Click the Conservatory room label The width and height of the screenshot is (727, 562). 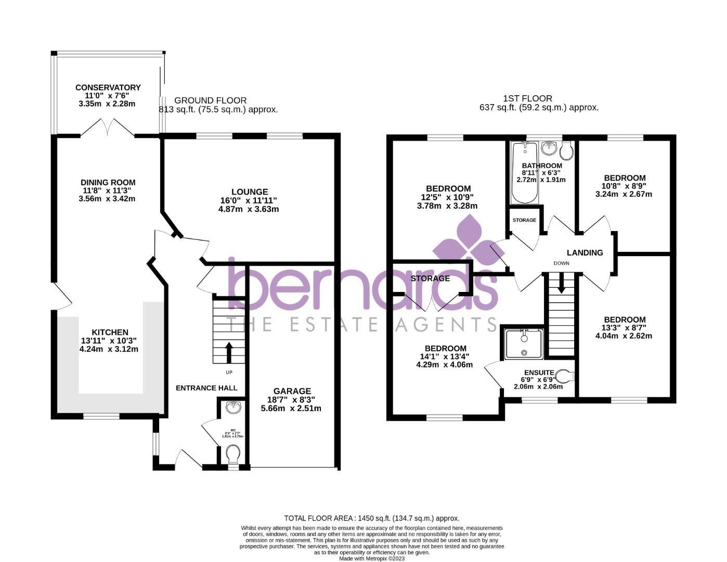pyautogui.click(x=108, y=87)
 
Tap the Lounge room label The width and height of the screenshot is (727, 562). pyautogui.click(x=250, y=192)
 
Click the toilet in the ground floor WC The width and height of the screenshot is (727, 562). pyautogui.click(x=233, y=454)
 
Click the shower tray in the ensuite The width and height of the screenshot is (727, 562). pyautogui.click(x=524, y=343)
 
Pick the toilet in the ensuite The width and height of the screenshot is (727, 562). pyautogui.click(x=564, y=376)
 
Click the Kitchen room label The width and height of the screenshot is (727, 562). pyautogui.click(x=110, y=333)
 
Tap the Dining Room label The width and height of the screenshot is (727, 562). pyautogui.click(x=108, y=183)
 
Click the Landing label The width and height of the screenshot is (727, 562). pyautogui.click(x=585, y=253)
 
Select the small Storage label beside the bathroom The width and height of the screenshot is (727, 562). pyautogui.click(x=524, y=220)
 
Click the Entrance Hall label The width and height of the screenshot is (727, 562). pyautogui.click(x=206, y=388)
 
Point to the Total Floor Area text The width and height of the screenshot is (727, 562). pyautogui.click(x=371, y=518)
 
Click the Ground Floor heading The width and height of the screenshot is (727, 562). pyautogui.click(x=210, y=100)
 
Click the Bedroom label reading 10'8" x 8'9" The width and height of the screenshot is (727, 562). pyautogui.click(x=624, y=178)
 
